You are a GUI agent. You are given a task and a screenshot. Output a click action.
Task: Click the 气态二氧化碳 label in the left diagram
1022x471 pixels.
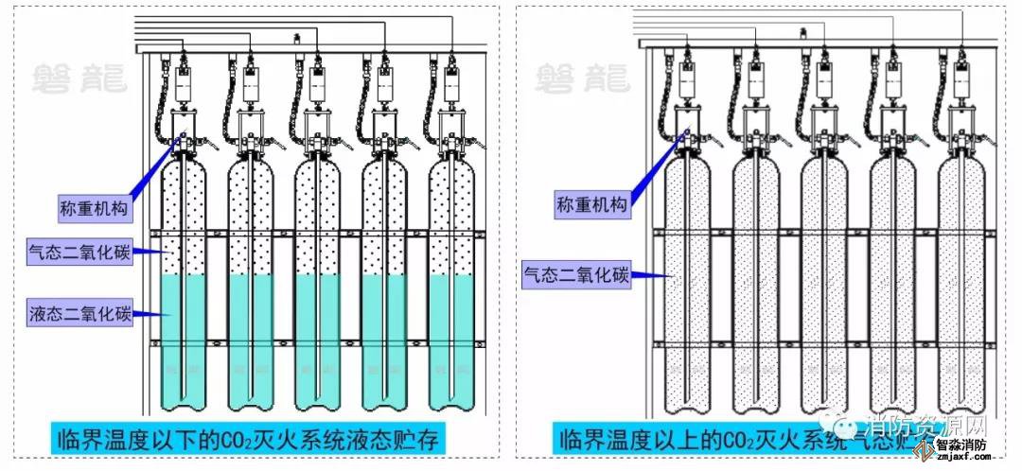[x=79, y=251]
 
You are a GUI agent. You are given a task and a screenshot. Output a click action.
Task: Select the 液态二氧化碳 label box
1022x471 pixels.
[x=79, y=310]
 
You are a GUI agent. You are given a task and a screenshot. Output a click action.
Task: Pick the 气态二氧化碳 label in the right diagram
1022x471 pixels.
[x=577, y=275]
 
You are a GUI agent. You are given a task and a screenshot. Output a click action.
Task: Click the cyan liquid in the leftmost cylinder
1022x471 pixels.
[x=184, y=340]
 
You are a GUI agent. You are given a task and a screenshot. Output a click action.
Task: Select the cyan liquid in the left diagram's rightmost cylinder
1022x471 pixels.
[x=452, y=340]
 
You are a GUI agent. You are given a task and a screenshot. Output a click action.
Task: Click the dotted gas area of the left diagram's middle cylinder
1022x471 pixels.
[x=319, y=218]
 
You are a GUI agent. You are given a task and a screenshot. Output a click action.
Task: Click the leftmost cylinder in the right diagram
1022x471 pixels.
[x=687, y=284]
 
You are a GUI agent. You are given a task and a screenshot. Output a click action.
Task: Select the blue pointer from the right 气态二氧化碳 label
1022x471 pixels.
[x=653, y=275]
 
